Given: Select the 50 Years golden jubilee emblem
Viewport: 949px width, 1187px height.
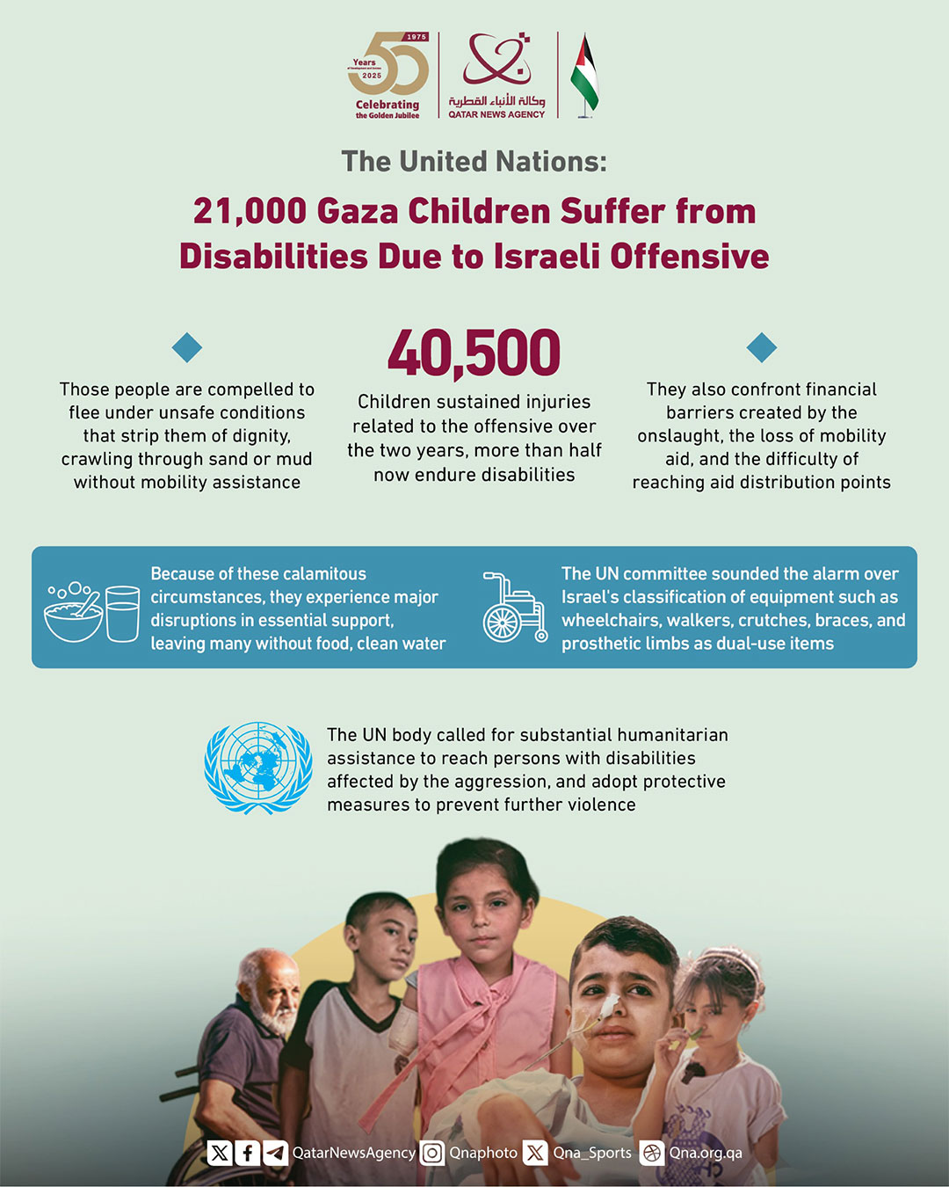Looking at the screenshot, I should pos(388,66).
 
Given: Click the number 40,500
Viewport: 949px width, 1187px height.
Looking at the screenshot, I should pos(474,353).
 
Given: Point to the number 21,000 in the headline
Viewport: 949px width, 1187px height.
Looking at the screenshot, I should pos(250,212).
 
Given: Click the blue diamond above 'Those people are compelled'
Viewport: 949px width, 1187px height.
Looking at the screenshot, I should pos(187,347).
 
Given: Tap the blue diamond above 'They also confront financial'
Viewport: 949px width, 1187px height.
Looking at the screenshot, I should pos(762,347).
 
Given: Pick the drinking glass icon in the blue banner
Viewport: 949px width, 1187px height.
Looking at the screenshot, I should pos(122,613).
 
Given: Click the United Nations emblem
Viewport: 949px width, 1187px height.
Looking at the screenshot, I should pos(258,768).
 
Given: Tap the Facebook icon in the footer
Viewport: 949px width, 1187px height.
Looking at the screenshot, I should pos(248,1153).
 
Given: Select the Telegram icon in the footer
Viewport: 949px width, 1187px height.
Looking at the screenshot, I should pos(275,1153).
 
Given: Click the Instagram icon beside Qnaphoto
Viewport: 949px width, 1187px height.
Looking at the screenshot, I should pos(431,1153).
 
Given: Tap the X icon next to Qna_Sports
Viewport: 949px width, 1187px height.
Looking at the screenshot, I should pos(535,1153).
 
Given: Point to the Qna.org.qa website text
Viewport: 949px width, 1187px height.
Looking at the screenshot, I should pos(705,1153).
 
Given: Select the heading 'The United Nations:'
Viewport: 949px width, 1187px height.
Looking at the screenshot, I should pos(474,162).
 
